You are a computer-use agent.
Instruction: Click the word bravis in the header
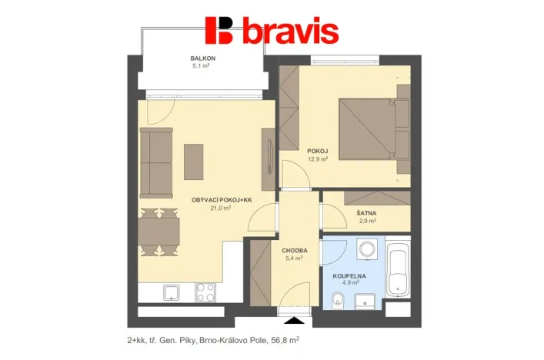[290, 32]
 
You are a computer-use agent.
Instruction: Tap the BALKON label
[202, 59]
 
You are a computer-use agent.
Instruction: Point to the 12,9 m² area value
[318, 159]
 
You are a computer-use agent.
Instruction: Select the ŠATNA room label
[366, 212]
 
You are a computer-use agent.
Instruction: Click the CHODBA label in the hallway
[294, 250]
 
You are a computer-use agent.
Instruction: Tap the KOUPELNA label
[349, 275]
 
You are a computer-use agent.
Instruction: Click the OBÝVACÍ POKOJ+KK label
[222, 200]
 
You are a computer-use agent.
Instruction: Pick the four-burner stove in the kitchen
[205, 292]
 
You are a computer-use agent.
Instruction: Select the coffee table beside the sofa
[193, 162]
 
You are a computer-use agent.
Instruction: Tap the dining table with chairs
[159, 229]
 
